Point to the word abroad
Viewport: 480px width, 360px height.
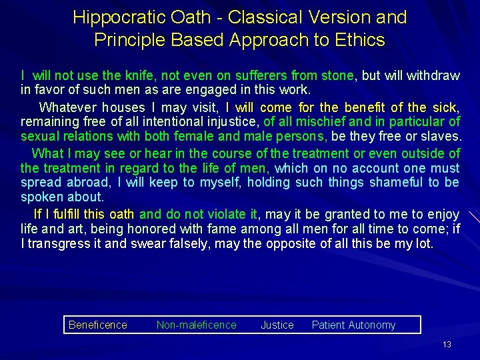pos(84,183)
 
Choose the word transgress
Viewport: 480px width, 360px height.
pos(62,243)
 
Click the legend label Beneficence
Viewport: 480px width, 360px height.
pos(97,325)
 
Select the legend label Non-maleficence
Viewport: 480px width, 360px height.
pos(196,325)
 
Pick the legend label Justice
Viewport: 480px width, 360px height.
pos(277,325)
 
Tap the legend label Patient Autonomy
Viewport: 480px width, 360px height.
pos(353,325)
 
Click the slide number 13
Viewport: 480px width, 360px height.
pos(447,345)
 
